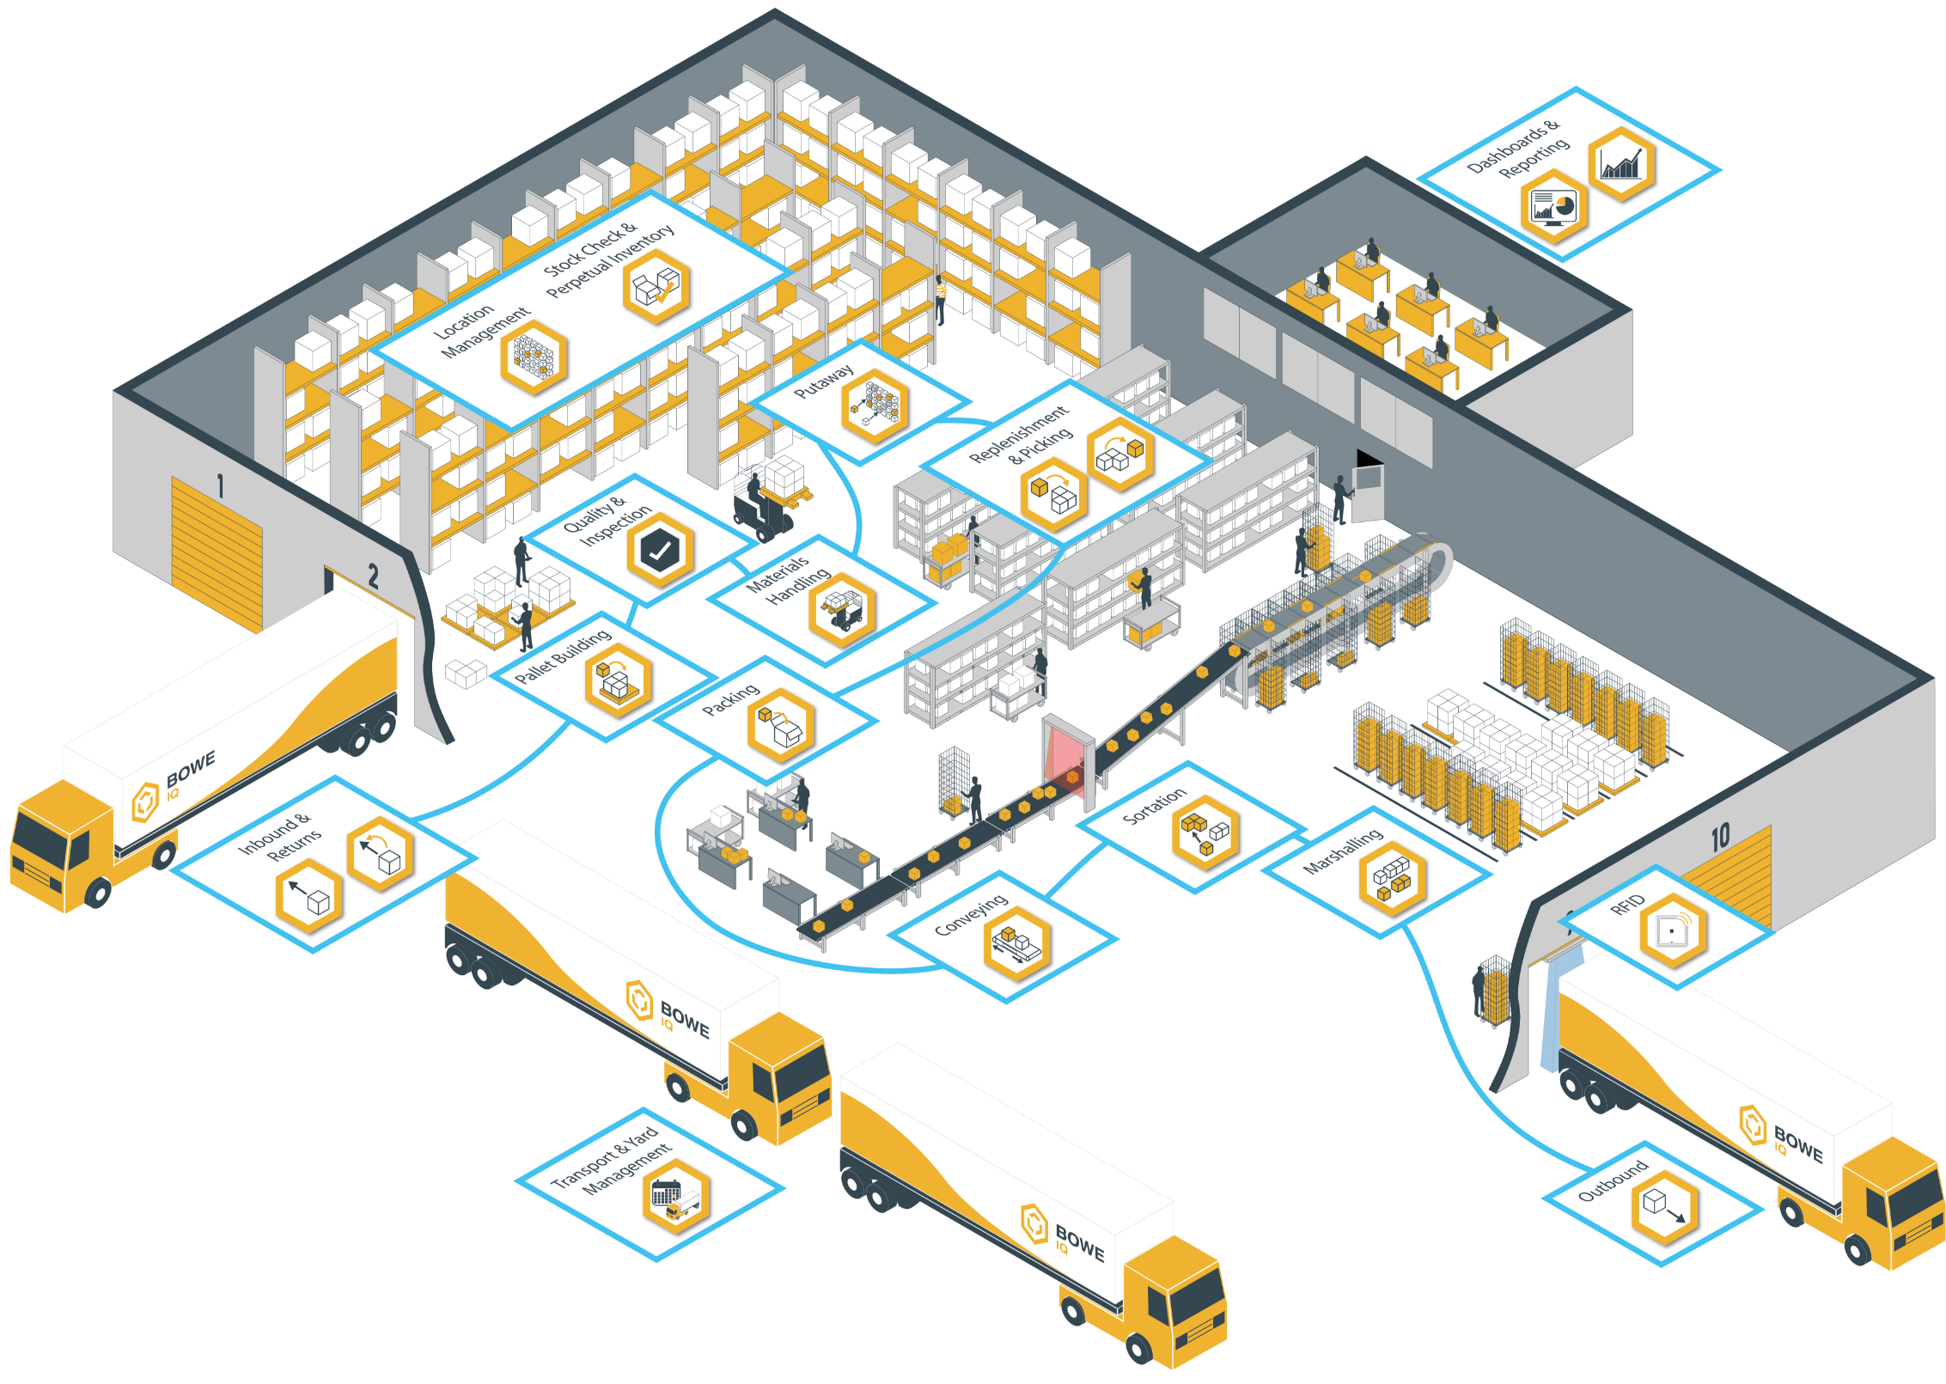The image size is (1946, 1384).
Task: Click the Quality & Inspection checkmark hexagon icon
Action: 659,551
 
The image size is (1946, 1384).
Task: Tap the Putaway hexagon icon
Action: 875,406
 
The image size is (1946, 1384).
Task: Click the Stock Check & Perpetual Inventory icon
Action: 656,287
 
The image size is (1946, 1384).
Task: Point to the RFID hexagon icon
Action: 1672,930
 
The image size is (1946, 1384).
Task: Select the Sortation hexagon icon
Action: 1205,832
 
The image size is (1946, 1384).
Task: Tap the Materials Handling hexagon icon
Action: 842,609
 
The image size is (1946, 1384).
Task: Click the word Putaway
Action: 823,381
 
